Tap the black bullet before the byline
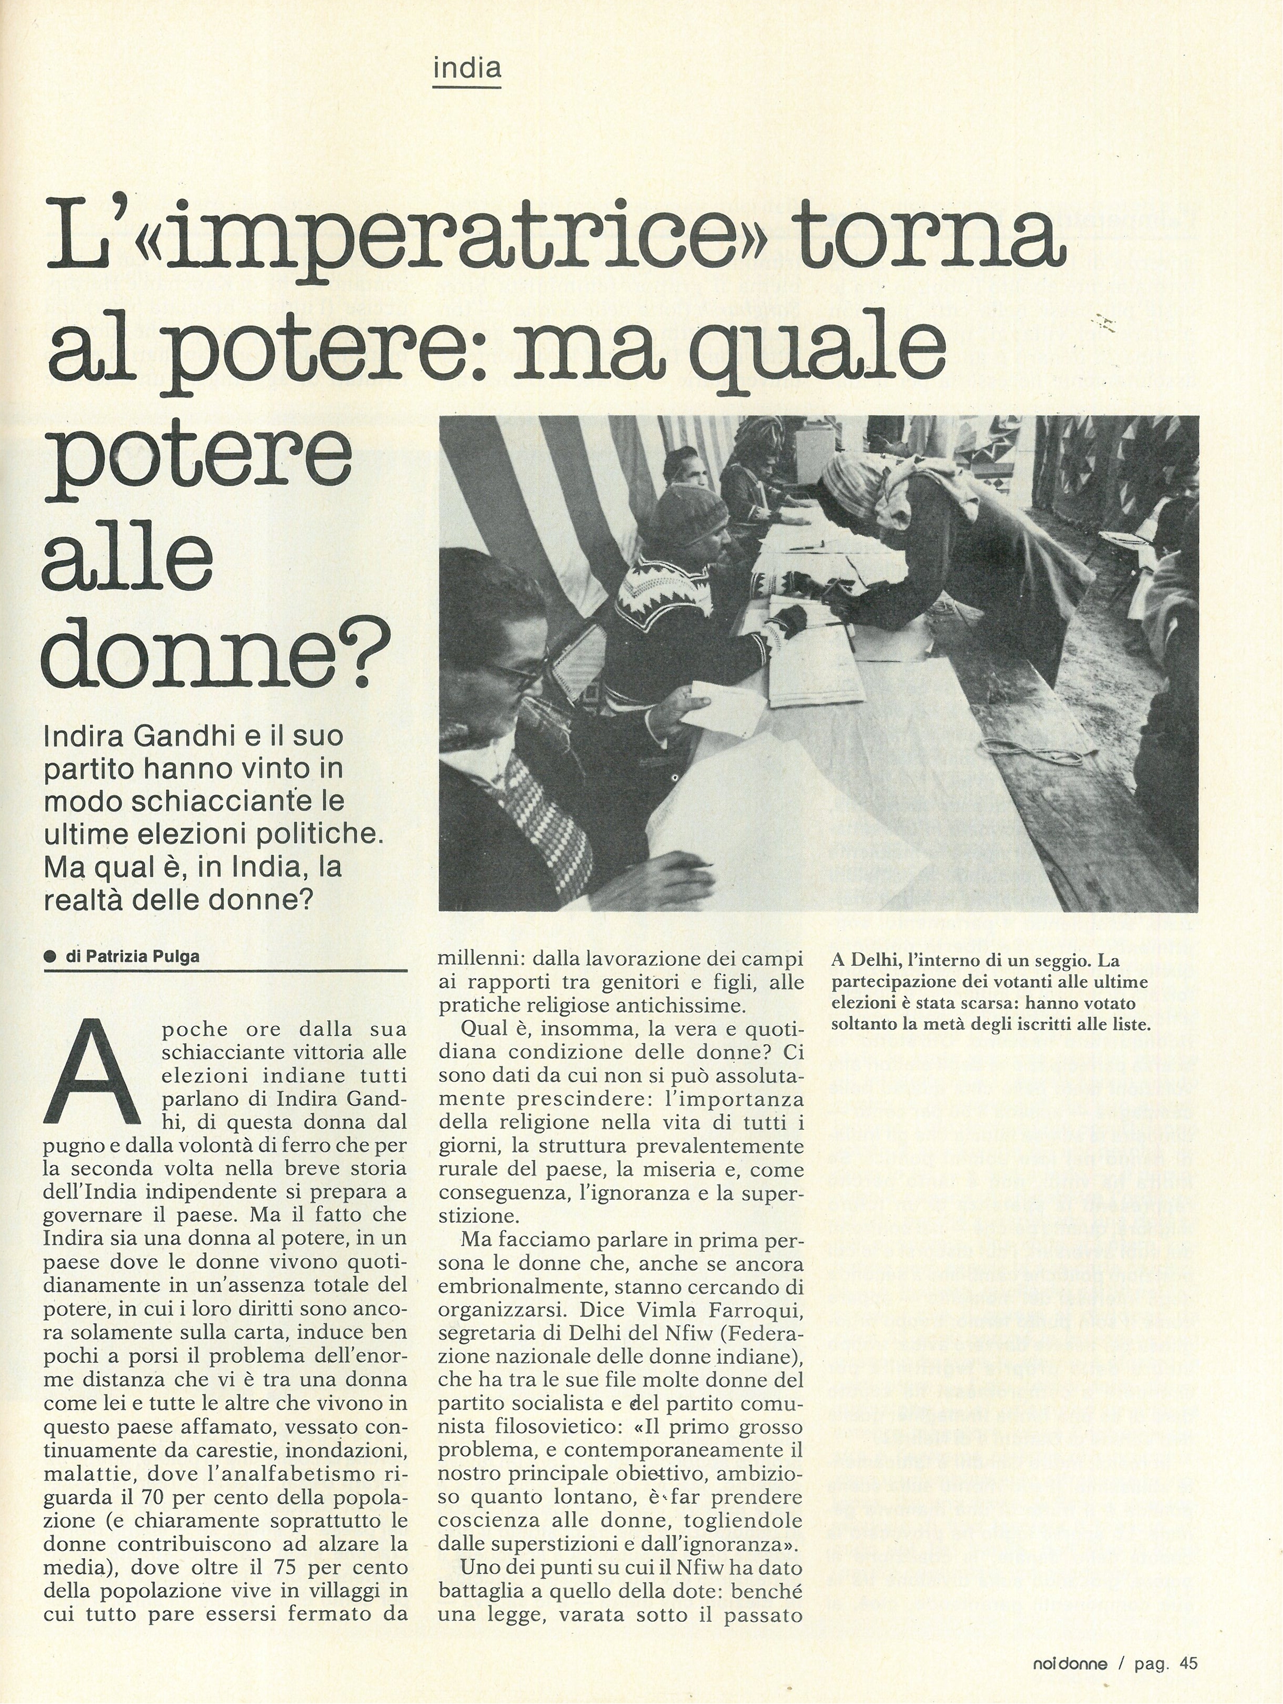(x=51, y=957)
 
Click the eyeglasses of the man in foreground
(x=515, y=669)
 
